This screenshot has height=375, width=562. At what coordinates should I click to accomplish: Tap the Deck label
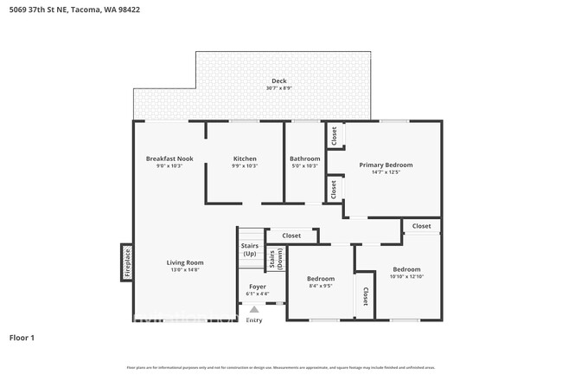coord(278,81)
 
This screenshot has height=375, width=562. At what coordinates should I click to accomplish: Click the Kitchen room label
coord(245,158)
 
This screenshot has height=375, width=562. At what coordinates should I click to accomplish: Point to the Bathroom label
coord(304,158)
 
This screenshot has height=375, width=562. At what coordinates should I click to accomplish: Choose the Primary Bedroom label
coord(386,165)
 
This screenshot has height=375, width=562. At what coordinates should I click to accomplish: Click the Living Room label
coord(185,262)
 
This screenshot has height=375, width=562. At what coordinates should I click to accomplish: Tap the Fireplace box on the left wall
coord(126,262)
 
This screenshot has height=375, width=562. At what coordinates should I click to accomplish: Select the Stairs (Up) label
coord(249,249)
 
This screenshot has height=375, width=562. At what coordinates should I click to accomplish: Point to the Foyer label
coord(258,286)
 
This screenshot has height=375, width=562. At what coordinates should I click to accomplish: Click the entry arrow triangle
coord(254,308)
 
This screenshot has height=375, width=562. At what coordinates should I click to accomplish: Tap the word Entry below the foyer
coord(254,320)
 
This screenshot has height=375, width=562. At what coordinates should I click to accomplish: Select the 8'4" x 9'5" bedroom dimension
coord(320,286)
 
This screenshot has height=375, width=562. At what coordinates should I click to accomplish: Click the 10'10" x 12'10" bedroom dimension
coord(406,276)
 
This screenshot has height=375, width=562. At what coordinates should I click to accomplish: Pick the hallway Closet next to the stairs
coord(291,236)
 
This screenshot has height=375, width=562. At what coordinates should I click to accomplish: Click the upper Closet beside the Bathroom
coord(334,136)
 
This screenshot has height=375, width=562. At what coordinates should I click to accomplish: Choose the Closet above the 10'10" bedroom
coord(421,226)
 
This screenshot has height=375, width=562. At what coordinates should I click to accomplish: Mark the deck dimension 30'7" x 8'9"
coord(278,87)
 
